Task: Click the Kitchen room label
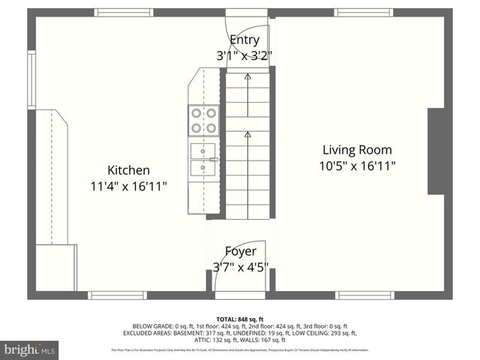pos(128,170)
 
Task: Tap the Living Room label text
pos(357,149)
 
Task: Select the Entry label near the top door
pos(244,40)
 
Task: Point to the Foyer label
pos(241,251)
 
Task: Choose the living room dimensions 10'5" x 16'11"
pos(357,165)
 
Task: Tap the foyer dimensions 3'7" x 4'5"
pos(241,267)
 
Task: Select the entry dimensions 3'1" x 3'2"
pos(244,55)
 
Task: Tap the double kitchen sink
pos(202,159)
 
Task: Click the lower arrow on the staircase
pos(247,135)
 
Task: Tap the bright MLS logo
pos(30,349)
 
